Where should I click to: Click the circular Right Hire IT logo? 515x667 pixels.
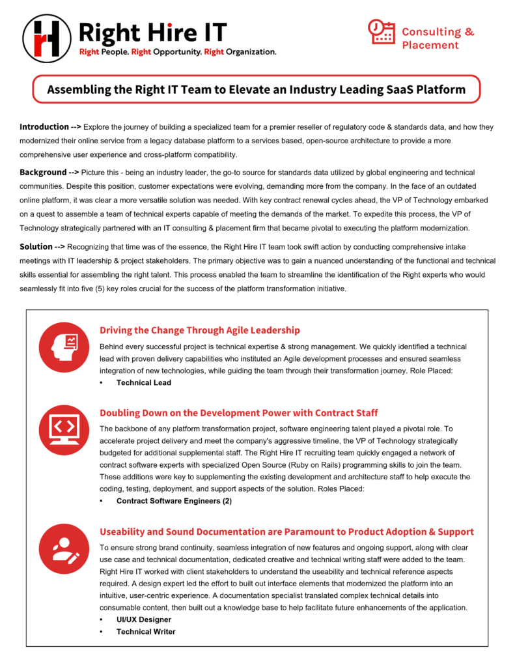point(46,38)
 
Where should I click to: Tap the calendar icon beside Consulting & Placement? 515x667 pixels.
point(382,32)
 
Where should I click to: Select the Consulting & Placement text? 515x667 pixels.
point(438,38)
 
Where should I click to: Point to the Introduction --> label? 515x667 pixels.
point(49,126)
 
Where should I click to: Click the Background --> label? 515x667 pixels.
point(49,172)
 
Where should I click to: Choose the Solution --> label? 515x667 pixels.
point(42,247)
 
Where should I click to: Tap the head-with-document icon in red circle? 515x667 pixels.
point(64,346)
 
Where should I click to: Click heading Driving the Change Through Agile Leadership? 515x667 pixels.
point(200,330)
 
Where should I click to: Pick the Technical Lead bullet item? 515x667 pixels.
point(143,383)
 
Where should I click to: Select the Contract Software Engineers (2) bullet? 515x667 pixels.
point(174,501)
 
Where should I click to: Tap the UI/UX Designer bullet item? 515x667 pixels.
point(144,619)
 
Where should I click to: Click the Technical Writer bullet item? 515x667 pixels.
point(146,631)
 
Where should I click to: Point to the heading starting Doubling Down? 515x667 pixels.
point(238,413)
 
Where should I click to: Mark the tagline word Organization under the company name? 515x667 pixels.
point(250,51)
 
